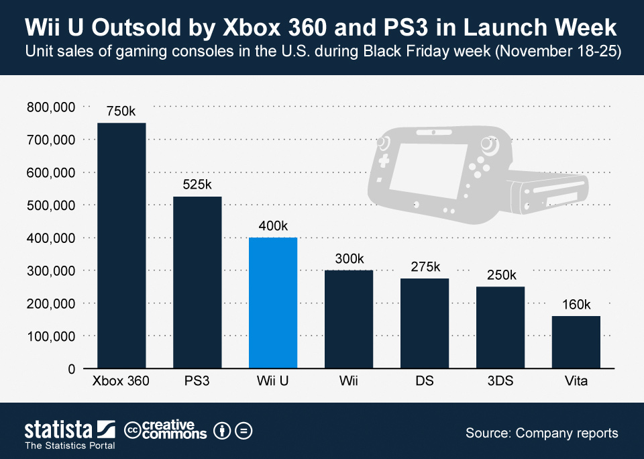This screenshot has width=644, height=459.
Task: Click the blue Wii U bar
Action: [x=272, y=303]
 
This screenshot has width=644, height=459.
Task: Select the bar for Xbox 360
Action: [x=121, y=246]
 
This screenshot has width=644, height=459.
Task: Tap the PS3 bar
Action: [x=197, y=283]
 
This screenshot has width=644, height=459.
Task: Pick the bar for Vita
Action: [x=576, y=342]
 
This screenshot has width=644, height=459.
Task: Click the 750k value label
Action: [x=121, y=111]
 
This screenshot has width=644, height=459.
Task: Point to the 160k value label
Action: [x=576, y=305]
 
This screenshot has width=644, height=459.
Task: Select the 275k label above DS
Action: [x=425, y=267]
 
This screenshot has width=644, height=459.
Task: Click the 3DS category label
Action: [x=500, y=382]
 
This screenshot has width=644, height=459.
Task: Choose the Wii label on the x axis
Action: [x=348, y=382]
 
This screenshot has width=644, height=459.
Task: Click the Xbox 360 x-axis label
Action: [x=121, y=382]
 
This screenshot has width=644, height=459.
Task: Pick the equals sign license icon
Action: [x=244, y=430]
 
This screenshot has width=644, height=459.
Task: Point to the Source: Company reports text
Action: [x=541, y=433]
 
